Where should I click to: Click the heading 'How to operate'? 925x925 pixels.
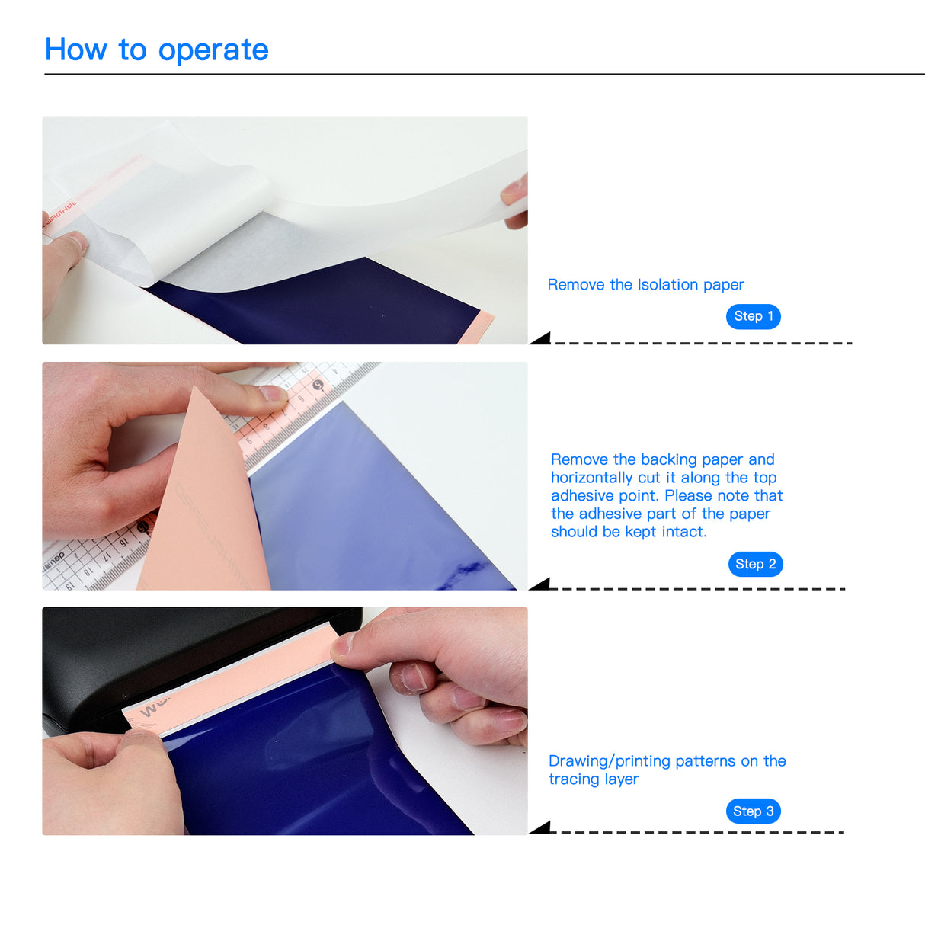tap(156, 50)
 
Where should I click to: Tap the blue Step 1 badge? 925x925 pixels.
tap(753, 316)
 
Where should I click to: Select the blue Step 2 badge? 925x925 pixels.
tap(755, 564)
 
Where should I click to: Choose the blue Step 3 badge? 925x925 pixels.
tap(753, 811)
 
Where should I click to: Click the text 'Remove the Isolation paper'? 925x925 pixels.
tap(645, 285)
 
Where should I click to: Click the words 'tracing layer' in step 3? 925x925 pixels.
tap(594, 779)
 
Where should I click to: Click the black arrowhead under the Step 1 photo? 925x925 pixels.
tap(541, 338)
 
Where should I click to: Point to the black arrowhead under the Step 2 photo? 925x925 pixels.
tap(541, 584)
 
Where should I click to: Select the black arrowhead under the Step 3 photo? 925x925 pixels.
tap(541, 828)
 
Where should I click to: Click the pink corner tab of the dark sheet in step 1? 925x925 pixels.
tap(477, 327)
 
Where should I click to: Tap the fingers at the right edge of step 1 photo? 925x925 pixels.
tap(516, 200)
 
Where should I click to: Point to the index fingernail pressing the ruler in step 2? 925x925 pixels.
tap(272, 393)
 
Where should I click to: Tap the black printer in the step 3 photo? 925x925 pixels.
tap(152, 648)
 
